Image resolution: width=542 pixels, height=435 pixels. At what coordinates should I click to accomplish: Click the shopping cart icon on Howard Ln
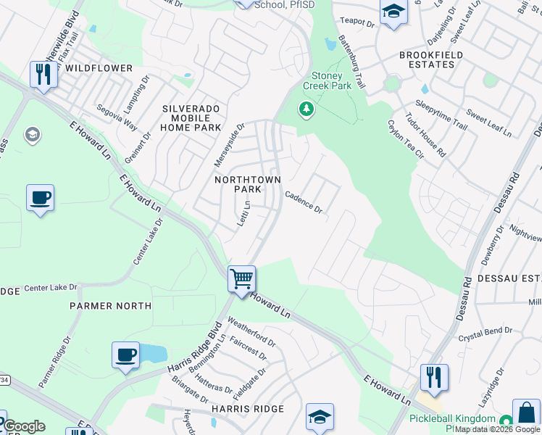point(241,278)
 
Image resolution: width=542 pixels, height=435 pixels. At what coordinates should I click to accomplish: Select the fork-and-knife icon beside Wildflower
point(43,75)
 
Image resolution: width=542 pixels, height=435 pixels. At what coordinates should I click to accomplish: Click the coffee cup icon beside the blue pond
point(126,355)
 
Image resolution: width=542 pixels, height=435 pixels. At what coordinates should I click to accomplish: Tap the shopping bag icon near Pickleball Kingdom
point(526,413)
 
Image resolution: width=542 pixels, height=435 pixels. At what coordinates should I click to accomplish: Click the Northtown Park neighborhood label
point(238,184)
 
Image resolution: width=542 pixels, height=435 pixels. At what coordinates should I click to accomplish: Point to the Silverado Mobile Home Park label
point(191,118)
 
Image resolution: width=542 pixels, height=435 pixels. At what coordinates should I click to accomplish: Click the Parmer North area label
point(111,306)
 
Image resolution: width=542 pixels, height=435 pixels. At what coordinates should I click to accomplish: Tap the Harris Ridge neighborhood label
point(248,409)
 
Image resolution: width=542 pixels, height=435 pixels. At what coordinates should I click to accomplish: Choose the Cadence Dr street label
point(304,202)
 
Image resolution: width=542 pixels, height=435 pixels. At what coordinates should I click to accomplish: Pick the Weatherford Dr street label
point(251,331)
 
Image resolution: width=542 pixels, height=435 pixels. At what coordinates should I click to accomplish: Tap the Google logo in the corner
point(23,426)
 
